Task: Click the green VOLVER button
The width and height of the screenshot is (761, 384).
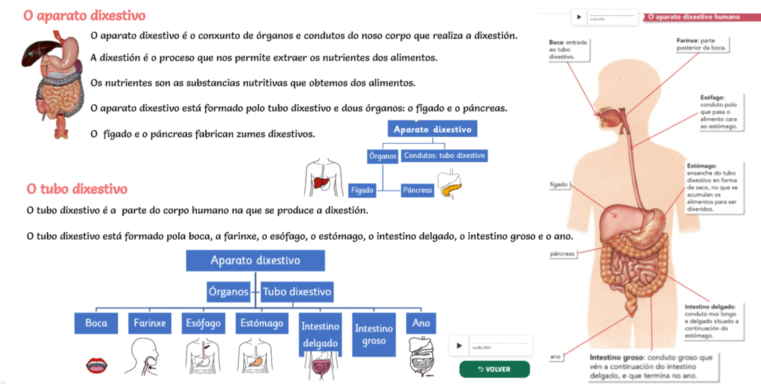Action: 494,369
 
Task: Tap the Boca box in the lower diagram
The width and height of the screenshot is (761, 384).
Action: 96,323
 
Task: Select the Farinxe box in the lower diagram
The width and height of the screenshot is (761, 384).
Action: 149,323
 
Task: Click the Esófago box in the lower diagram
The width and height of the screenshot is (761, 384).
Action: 203,323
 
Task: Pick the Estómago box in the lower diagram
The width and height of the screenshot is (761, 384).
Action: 262,323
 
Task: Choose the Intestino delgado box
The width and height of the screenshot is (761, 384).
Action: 320,334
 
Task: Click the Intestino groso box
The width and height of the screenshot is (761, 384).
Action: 374,334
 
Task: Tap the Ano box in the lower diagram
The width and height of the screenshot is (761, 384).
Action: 421,323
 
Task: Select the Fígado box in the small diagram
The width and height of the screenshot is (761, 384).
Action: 362,190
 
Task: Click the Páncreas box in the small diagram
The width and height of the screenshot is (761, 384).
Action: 417,190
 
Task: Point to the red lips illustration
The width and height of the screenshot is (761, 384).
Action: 96,365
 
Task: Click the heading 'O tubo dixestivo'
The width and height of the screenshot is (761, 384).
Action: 77,189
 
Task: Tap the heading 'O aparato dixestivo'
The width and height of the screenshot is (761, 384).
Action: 84,16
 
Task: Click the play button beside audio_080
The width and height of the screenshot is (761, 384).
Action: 459,346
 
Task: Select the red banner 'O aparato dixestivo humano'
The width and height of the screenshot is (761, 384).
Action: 694,17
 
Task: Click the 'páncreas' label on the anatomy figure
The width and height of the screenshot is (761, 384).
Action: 562,254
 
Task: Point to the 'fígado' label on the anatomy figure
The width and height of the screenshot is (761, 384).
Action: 559,184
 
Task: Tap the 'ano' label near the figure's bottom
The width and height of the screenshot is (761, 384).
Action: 555,357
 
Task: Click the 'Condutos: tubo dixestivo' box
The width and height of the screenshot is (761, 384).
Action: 444,156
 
